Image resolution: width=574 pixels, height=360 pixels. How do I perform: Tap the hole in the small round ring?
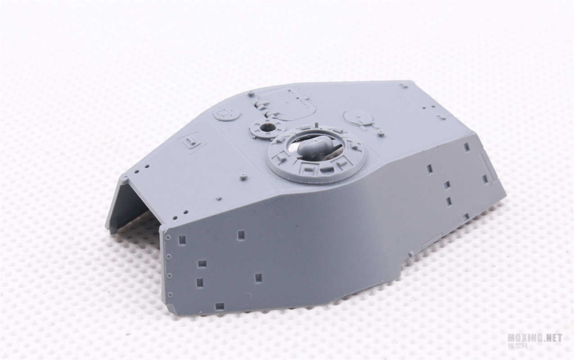[267, 127]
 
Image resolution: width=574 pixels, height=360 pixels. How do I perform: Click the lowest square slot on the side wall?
[220, 306]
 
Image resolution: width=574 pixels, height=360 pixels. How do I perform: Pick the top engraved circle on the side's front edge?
[168, 237]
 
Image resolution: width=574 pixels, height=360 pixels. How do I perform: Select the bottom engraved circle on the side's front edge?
[170, 294]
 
